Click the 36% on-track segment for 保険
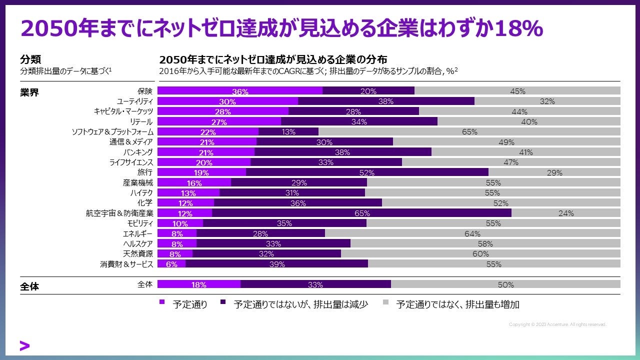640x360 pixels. [240, 91]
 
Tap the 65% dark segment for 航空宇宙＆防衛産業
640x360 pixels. [362, 213]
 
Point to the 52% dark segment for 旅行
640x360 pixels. [367, 172]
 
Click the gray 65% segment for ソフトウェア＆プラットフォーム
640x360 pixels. [469, 132]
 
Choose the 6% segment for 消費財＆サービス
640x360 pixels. [171, 264]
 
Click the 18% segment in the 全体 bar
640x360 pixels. [199, 284]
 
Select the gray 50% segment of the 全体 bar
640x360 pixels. [505, 284]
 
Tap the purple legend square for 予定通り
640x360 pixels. [161, 302]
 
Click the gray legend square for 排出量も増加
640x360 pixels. [385, 302]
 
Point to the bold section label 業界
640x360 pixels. [29, 93]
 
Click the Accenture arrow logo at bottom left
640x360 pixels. [24, 345]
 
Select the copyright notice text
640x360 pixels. [557, 324]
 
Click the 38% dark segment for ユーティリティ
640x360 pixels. [386, 101]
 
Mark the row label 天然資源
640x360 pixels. [138, 253]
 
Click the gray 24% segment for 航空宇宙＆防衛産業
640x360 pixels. [566, 213]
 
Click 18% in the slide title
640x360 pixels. [518, 29]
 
